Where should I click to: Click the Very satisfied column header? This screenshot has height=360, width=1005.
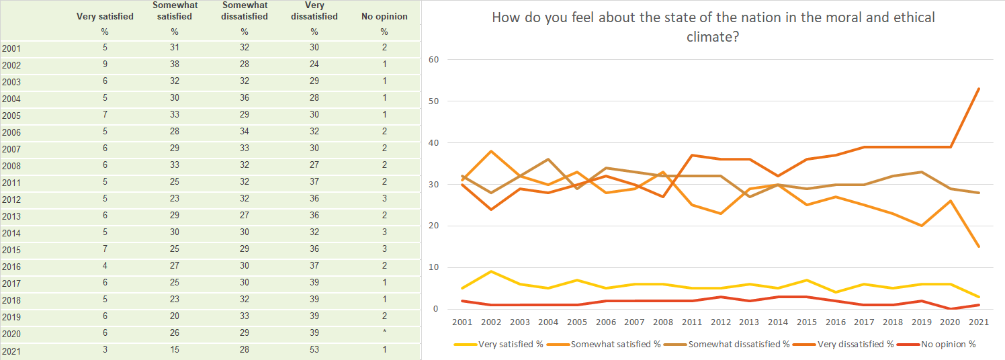(105, 16)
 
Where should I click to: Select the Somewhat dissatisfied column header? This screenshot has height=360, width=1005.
(245, 11)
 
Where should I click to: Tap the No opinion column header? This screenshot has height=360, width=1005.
(384, 16)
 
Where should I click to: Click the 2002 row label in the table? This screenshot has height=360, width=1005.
(11, 66)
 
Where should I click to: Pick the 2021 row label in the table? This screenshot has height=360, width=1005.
(11, 351)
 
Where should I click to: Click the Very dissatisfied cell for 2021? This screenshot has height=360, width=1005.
(314, 350)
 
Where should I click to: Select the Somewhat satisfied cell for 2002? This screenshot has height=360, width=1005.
(175, 64)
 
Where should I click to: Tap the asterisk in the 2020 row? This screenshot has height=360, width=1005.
(384, 333)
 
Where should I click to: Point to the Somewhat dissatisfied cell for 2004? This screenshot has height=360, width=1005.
(245, 98)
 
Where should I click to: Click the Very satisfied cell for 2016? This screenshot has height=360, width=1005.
(105, 266)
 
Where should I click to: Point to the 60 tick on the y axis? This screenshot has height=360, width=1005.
(433, 60)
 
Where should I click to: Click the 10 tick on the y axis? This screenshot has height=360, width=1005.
(433, 267)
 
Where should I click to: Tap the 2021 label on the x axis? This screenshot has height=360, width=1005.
(979, 322)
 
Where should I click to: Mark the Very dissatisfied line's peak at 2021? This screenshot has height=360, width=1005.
(979, 89)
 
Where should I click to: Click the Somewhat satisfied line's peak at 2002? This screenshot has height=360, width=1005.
(492, 151)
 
